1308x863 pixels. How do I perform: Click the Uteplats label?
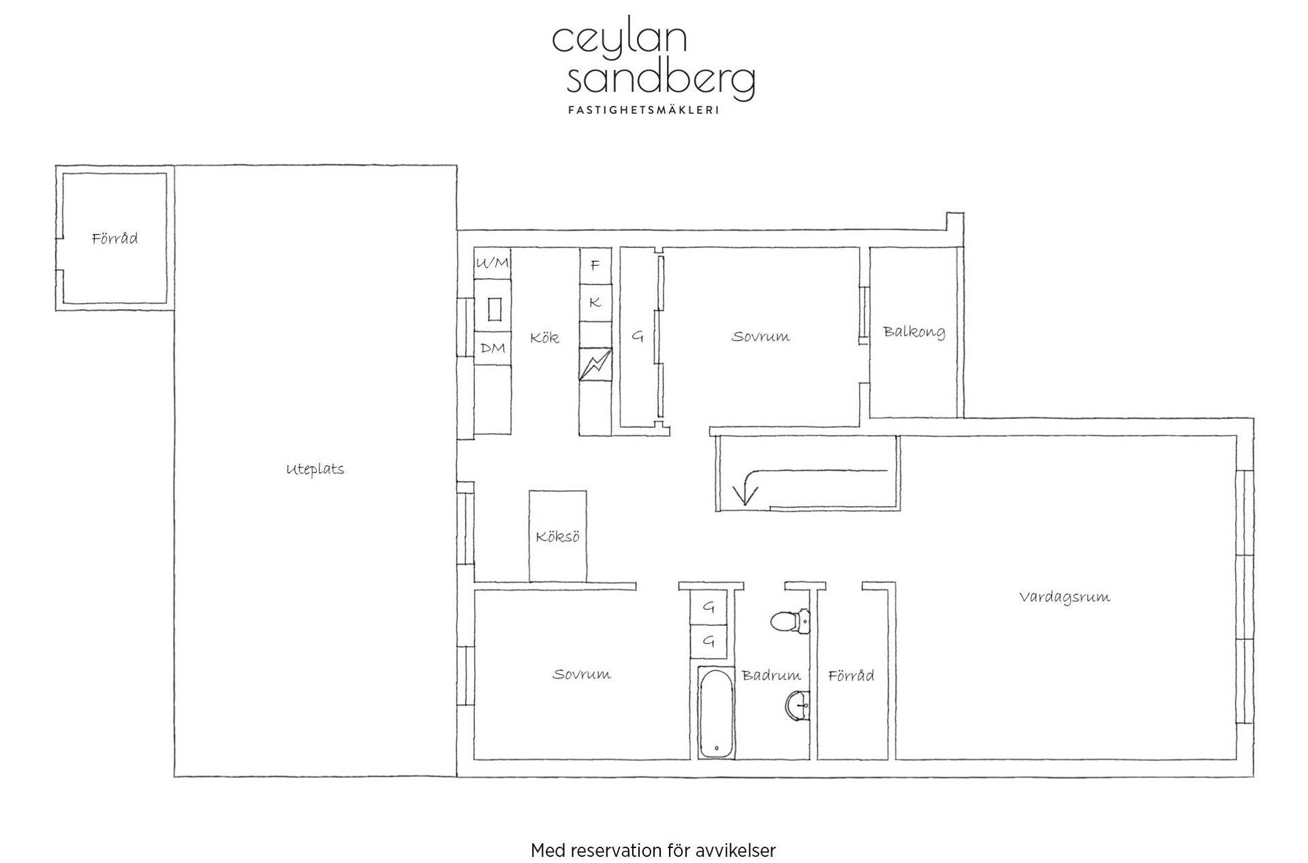click(315, 469)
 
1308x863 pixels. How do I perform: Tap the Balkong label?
click(914, 332)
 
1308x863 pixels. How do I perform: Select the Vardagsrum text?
click(1064, 597)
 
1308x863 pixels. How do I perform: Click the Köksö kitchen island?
click(558, 536)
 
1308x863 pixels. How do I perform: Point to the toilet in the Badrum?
click(790, 621)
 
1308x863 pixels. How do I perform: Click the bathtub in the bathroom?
click(716, 712)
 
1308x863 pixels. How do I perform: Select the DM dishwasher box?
click(493, 348)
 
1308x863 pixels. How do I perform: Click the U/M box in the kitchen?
click(493, 263)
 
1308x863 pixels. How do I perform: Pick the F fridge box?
click(595, 266)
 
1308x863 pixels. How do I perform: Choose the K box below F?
click(595, 302)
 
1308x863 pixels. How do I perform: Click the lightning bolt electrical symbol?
click(595, 364)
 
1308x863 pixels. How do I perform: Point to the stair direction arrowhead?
click(745, 493)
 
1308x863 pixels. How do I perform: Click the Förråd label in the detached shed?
click(114, 238)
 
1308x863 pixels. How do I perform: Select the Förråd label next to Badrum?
click(851, 676)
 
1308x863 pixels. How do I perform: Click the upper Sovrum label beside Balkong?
click(760, 336)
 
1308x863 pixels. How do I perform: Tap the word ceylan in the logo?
click(619, 40)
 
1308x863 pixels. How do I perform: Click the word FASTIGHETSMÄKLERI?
click(644, 110)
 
